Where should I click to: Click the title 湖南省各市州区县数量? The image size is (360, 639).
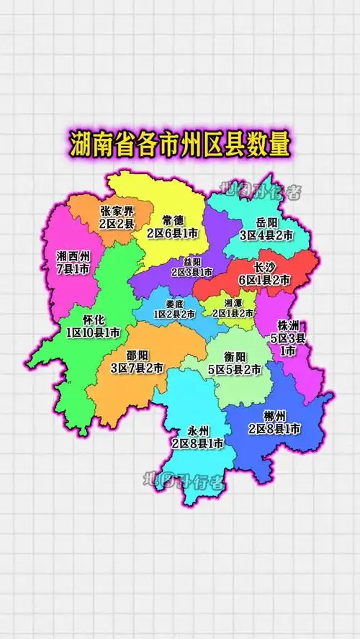click(x=180, y=144)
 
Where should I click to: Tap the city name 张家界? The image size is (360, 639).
click(x=117, y=212)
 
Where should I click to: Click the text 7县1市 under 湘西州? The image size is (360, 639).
click(x=73, y=269)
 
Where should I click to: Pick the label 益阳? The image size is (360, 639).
click(x=192, y=261)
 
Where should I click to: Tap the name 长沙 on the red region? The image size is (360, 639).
click(x=266, y=266)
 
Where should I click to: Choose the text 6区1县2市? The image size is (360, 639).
click(x=264, y=279)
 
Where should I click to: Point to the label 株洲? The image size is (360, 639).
click(x=288, y=325)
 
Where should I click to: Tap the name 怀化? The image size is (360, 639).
click(x=94, y=319)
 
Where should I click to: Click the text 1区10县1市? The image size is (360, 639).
click(x=94, y=333)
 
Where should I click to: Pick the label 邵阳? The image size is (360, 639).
click(x=137, y=355)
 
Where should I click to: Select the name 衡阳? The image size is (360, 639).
click(x=235, y=357)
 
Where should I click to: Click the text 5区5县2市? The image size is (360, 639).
click(x=235, y=371)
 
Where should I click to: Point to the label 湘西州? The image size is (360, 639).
click(x=73, y=255)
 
